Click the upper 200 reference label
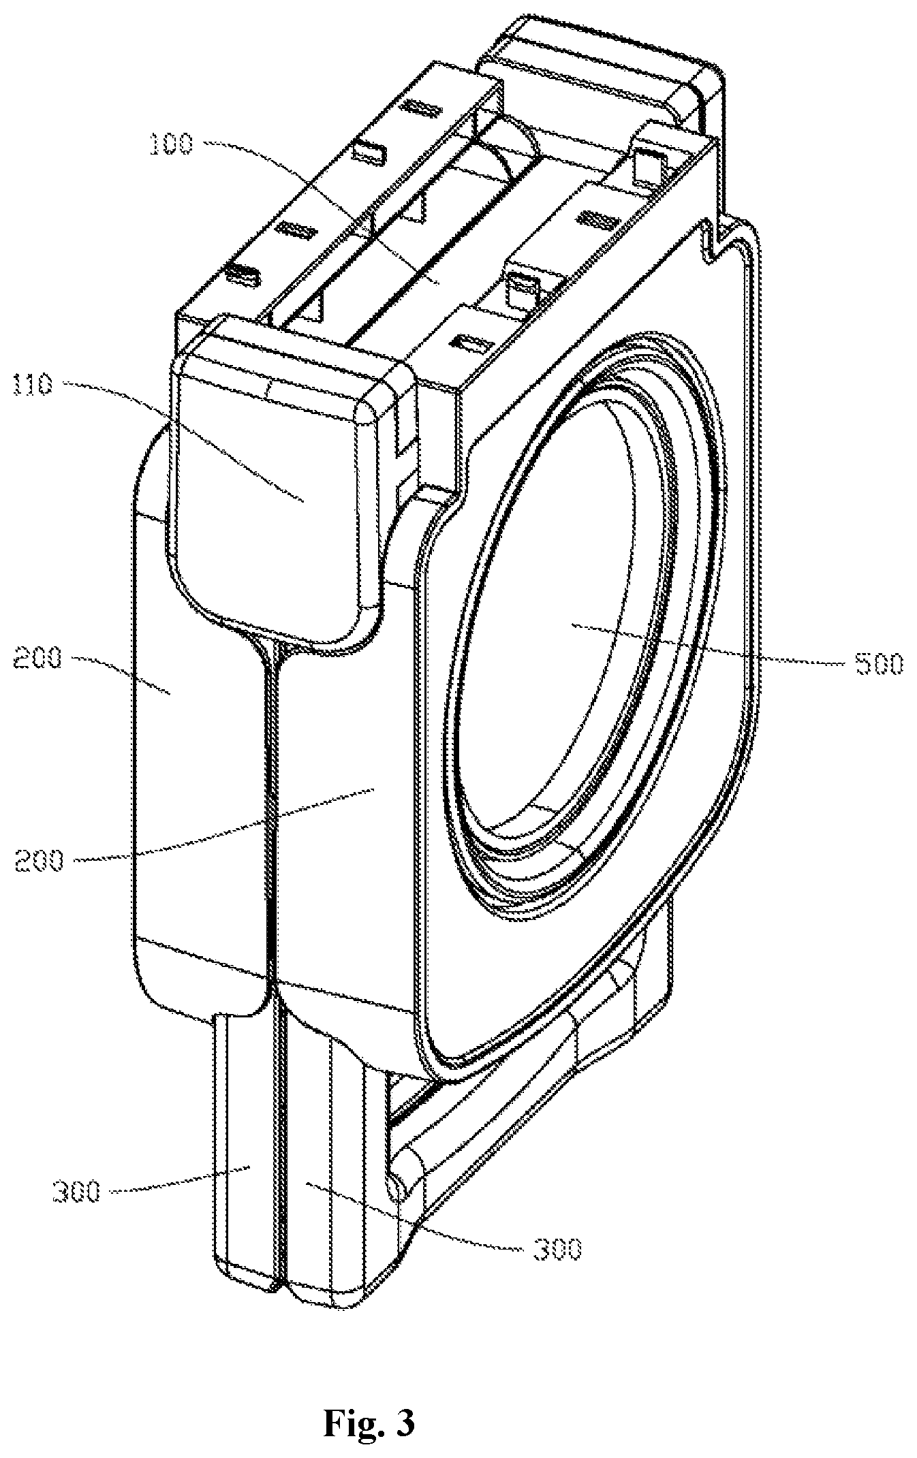(x=37, y=659)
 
